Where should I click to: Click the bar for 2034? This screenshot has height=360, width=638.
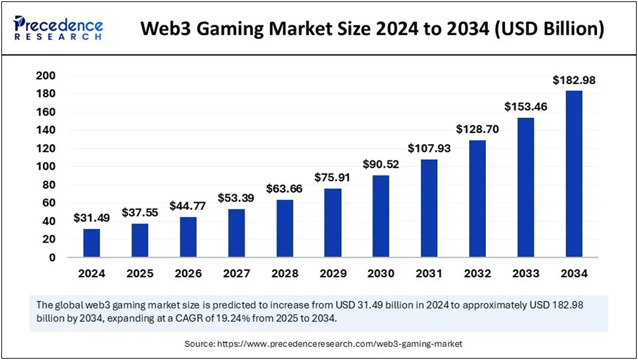tap(573, 174)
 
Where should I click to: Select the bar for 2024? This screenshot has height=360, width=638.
tap(92, 243)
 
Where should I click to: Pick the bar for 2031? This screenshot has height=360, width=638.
tap(429, 208)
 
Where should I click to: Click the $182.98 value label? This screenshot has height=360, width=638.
tap(573, 80)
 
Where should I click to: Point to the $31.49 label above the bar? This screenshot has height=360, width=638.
tap(92, 218)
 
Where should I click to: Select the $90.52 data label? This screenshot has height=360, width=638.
tap(380, 164)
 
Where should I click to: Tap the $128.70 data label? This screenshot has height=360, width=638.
tap(478, 129)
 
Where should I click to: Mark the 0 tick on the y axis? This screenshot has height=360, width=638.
tap(70, 258)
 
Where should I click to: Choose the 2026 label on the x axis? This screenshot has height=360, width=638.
tap(188, 274)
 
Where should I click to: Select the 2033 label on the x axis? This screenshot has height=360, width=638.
tap(525, 274)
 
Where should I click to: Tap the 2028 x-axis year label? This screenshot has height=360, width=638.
tap(284, 274)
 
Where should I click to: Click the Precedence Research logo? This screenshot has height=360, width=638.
tap(57, 28)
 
